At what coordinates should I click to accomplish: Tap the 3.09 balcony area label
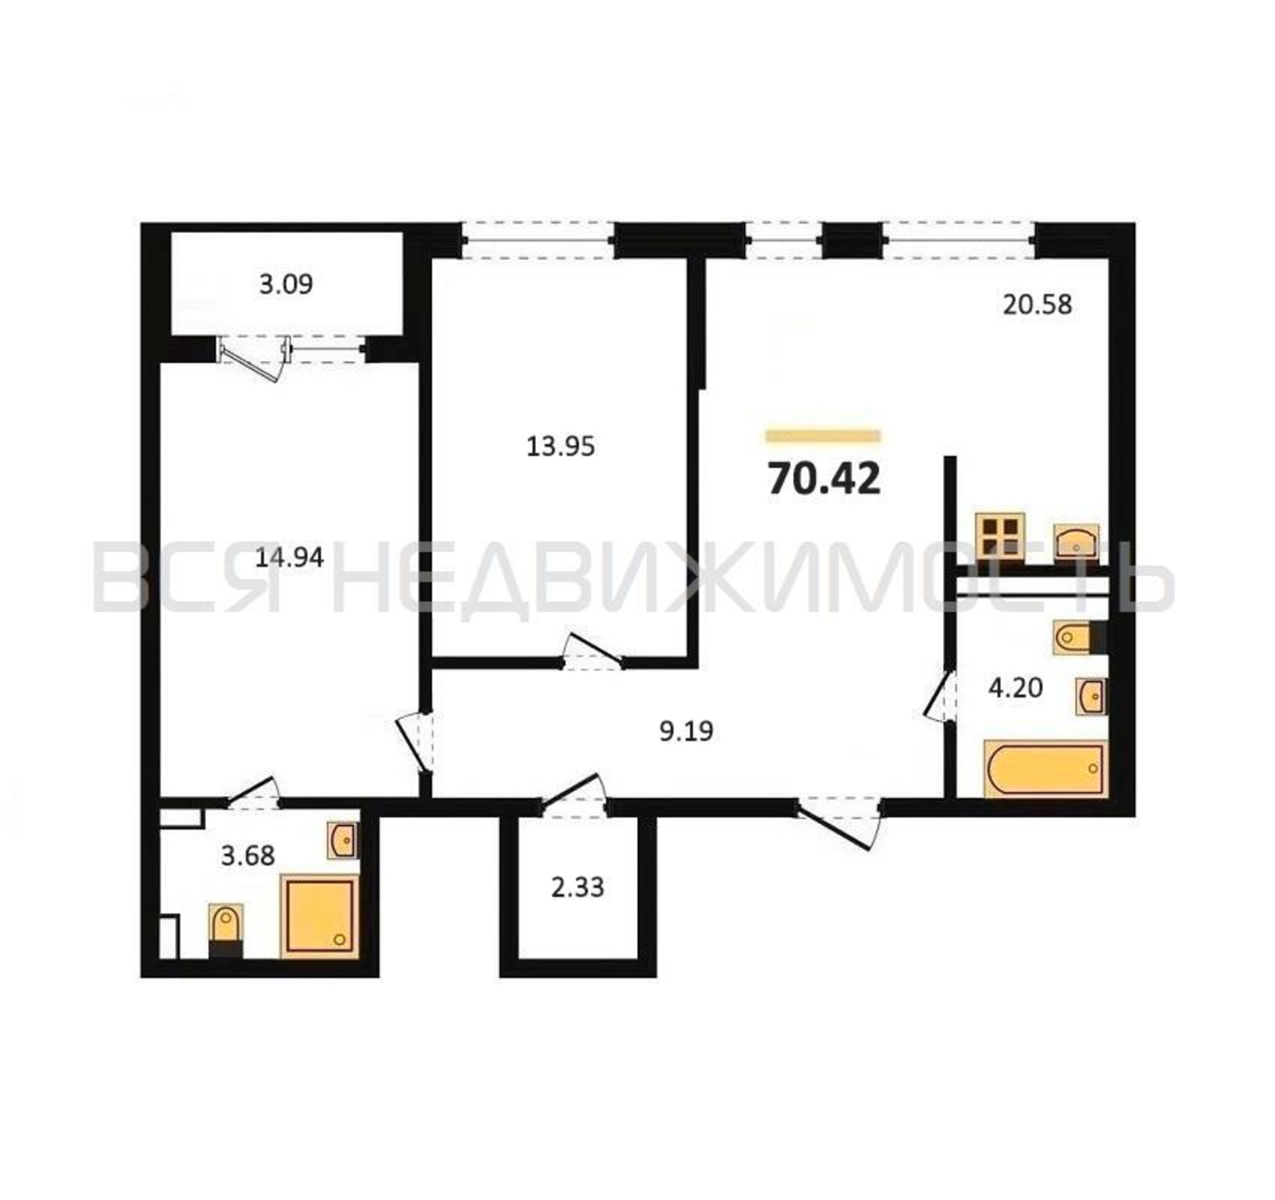(286, 284)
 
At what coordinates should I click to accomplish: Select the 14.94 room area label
(289, 557)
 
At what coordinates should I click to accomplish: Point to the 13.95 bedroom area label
(560, 446)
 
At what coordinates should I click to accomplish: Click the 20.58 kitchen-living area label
(1037, 305)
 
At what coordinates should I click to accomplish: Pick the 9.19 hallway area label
(686, 731)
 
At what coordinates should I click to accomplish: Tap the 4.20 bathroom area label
(1016, 688)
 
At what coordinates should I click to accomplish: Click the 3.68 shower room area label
(248, 855)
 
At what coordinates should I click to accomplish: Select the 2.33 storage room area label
(577, 887)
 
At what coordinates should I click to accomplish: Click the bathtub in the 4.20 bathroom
(1046, 769)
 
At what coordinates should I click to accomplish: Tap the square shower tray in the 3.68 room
(319, 916)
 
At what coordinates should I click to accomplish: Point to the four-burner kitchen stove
(1000, 538)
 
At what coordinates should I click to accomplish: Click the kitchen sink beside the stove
(1076, 542)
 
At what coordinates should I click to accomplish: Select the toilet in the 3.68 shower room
(226, 930)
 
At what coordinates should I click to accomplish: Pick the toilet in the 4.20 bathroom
(1079, 637)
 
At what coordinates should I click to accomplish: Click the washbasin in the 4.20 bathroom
(1091, 696)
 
